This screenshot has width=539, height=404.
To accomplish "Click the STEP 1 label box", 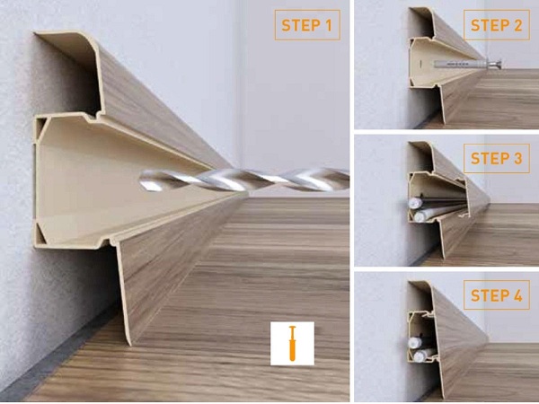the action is pyautogui.click(x=307, y=25).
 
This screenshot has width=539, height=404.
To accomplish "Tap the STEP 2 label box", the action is pyautogui.click(x=497, y=25).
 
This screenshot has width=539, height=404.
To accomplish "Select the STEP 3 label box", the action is pyautogui.click(x=497, y=158).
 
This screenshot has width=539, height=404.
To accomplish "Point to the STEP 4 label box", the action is pyautogui.click(x=497, y=295).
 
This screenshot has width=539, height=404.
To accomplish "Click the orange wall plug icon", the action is pyautogui.click(x=292, y=343).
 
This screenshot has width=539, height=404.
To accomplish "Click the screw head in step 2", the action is pyautogui.click(x=494, y=63).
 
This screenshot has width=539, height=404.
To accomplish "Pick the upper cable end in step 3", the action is pyautogui.click(x=415, y=204).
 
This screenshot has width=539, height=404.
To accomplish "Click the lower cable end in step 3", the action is pyautogui.click(x=420, y=216).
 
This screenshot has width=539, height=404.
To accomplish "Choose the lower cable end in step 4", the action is pyautogui.click(x=420, y=356).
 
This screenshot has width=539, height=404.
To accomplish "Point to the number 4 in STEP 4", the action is pyautogui.click(x=517, y=295).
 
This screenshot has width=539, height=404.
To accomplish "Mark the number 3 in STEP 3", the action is pyautogui.click(x=517, y=158).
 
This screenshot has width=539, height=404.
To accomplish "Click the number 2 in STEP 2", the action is pyautogui.click(x=517, y=25).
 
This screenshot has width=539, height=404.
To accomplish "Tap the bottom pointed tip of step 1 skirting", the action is pyautogui.click(x=130, y=344).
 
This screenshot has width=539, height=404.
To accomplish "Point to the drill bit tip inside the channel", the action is pyautogui.click(x=142, y=180).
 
